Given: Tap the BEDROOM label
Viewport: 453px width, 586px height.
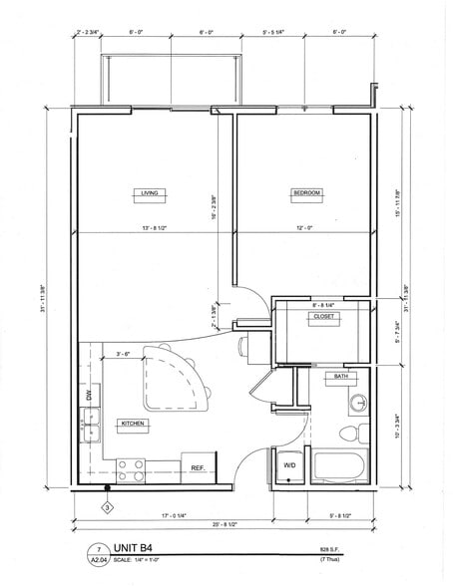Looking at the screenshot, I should (x=305, y=193).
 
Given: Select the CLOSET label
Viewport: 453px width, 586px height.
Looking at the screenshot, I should (x=324, y=316).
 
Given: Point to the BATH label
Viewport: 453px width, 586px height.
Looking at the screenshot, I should (x=340, y=377).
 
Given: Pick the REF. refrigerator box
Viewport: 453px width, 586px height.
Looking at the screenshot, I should (x=198, y=467).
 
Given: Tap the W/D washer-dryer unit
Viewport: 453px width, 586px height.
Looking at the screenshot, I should (x=290, y=465).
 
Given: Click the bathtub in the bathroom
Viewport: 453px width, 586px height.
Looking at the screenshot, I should (x=340, y=466).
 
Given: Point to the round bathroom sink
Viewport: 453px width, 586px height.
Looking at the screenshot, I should (x=359, y=404).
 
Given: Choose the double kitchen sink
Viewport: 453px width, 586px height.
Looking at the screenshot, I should (x=88, y=432).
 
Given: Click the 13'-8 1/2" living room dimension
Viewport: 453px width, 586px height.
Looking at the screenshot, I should (x=149, y=228).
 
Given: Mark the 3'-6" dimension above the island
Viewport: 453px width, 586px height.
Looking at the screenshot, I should (x=127, y=352).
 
